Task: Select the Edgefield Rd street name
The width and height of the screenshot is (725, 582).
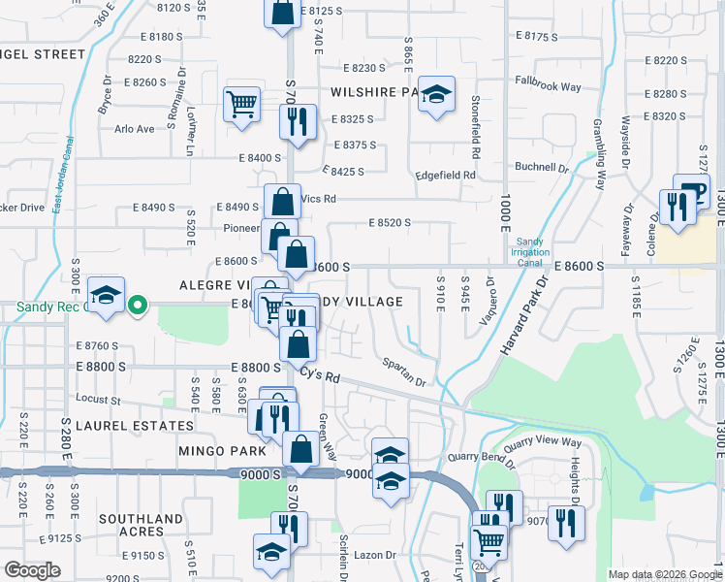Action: [445, 176]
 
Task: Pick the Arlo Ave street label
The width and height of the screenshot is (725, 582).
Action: [135, 129]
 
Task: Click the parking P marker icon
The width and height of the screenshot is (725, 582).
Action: [696, 191]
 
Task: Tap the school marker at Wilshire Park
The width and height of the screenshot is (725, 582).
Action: [437, 95]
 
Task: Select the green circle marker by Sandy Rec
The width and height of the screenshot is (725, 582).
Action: [138, 306]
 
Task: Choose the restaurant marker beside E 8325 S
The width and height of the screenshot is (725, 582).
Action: [297, 121]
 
